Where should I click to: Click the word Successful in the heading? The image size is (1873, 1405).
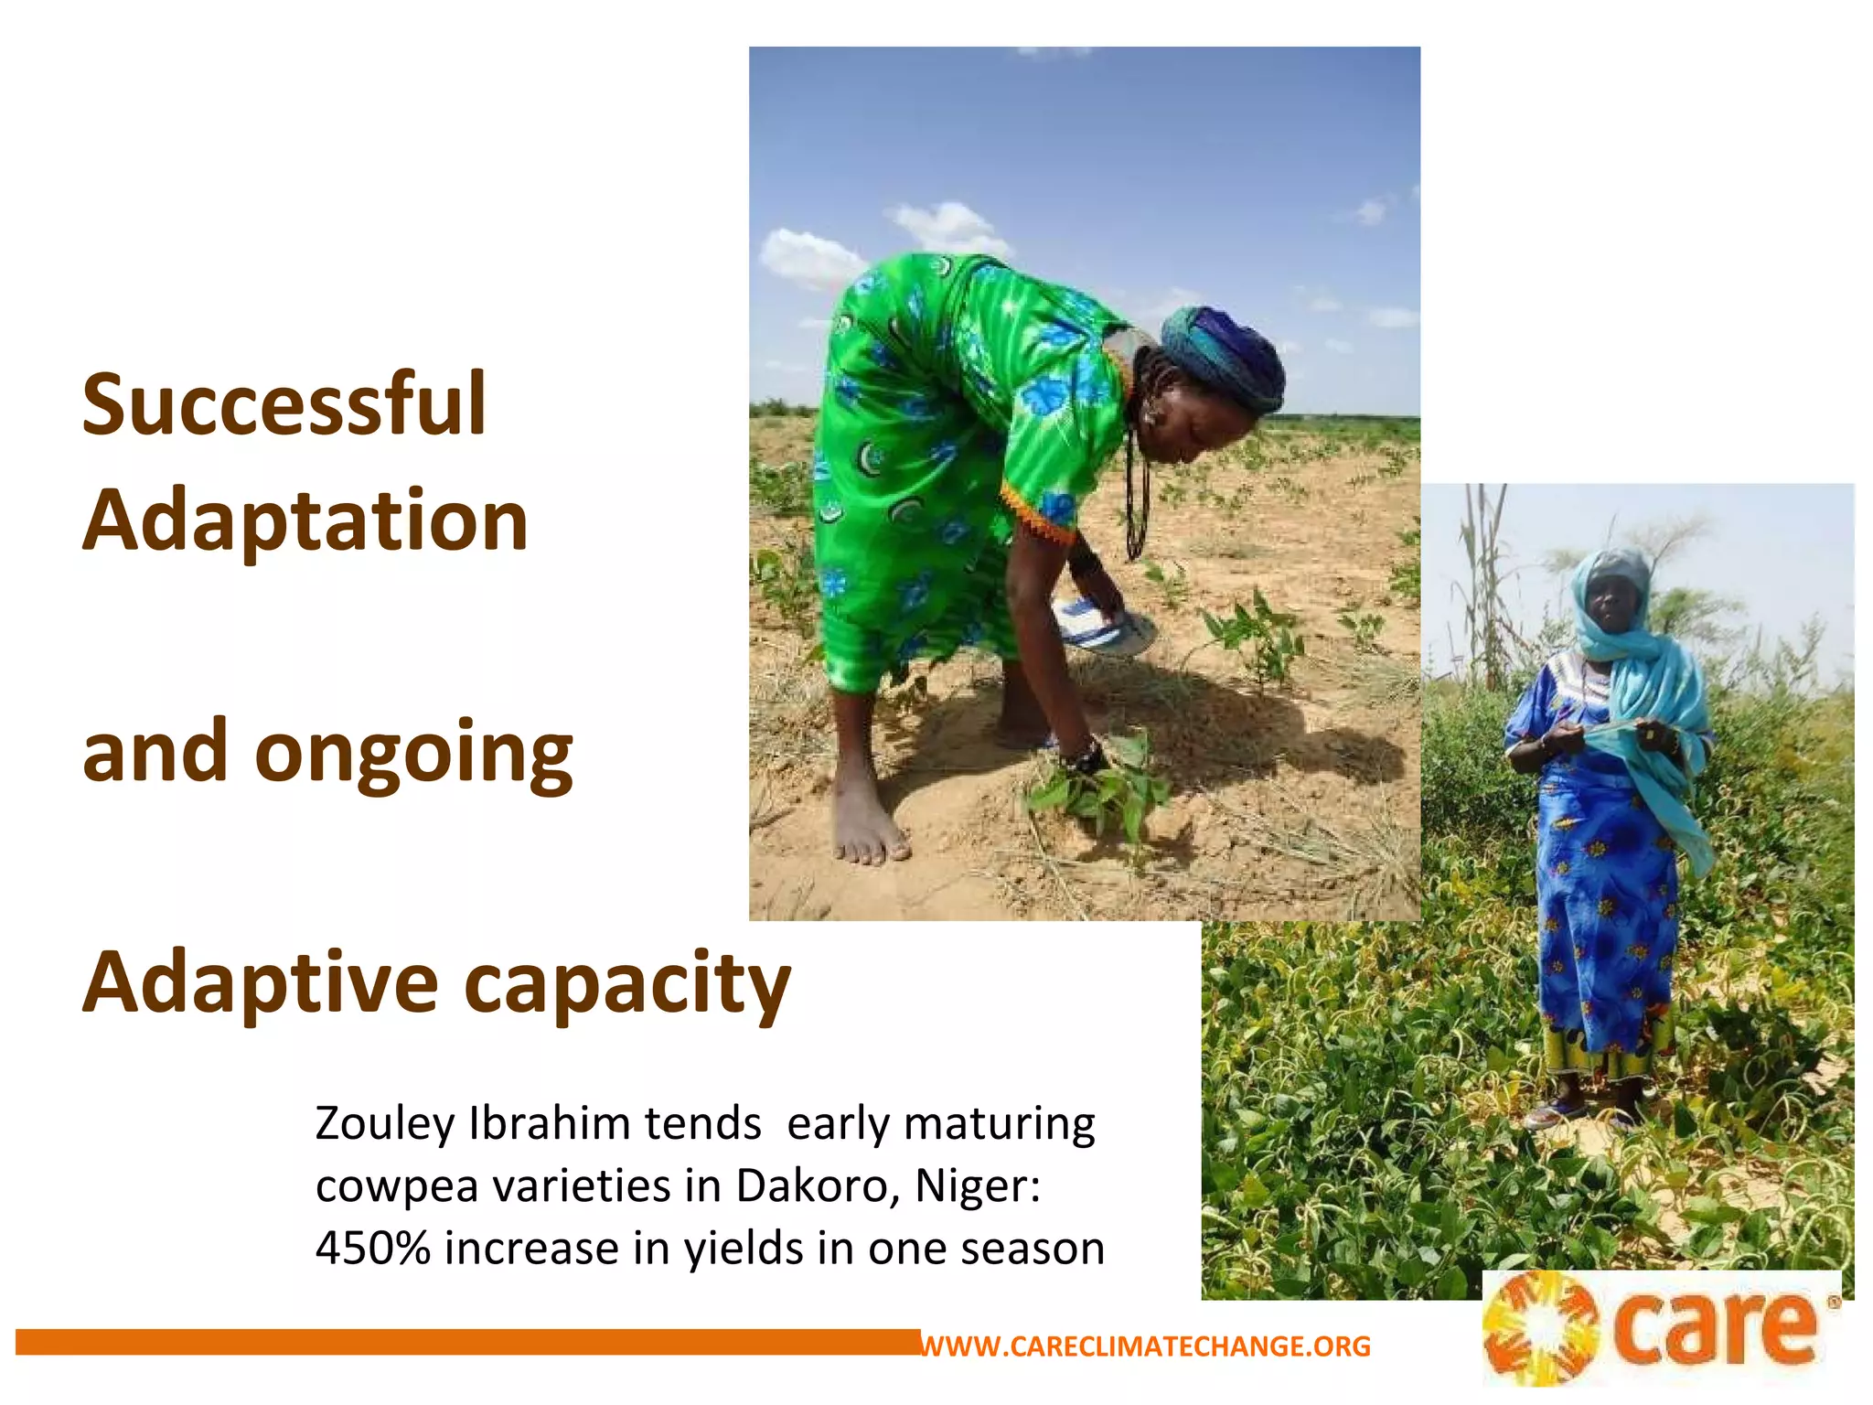[284, 404]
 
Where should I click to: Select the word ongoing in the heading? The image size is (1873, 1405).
[413, 752]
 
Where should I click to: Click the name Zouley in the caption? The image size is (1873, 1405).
[384, 1124]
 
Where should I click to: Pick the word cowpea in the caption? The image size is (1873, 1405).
[397, 1186]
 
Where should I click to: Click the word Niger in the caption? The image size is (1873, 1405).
[976, 1185]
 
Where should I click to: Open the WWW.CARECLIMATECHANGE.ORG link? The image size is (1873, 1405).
[1145, 1346]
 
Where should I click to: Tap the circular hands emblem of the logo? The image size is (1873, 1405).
[1540, 1329]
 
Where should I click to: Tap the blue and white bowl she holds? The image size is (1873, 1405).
[1103, 627]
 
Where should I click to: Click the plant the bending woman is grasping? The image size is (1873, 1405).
[1097, 787]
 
